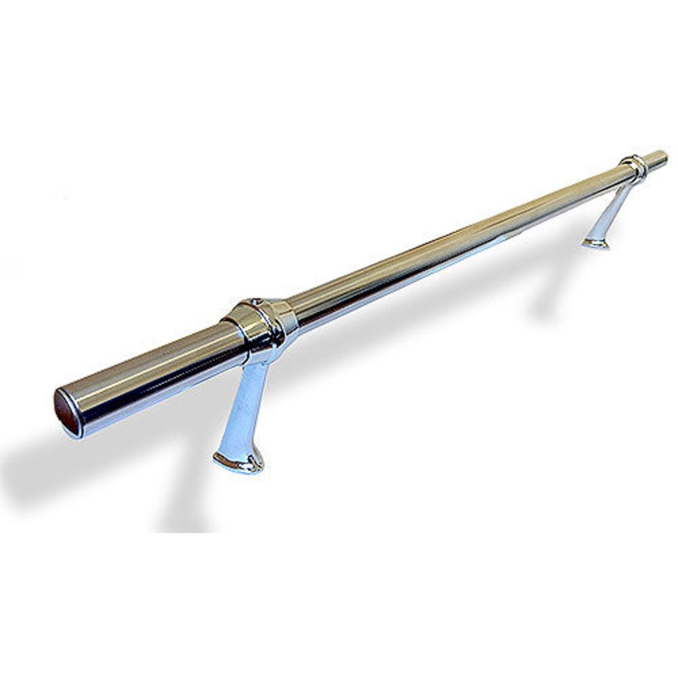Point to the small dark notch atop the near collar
tap(253, 301)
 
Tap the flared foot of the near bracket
tap(238, 460)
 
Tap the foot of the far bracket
tap(597, 242)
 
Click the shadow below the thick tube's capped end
tap(51, 475)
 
